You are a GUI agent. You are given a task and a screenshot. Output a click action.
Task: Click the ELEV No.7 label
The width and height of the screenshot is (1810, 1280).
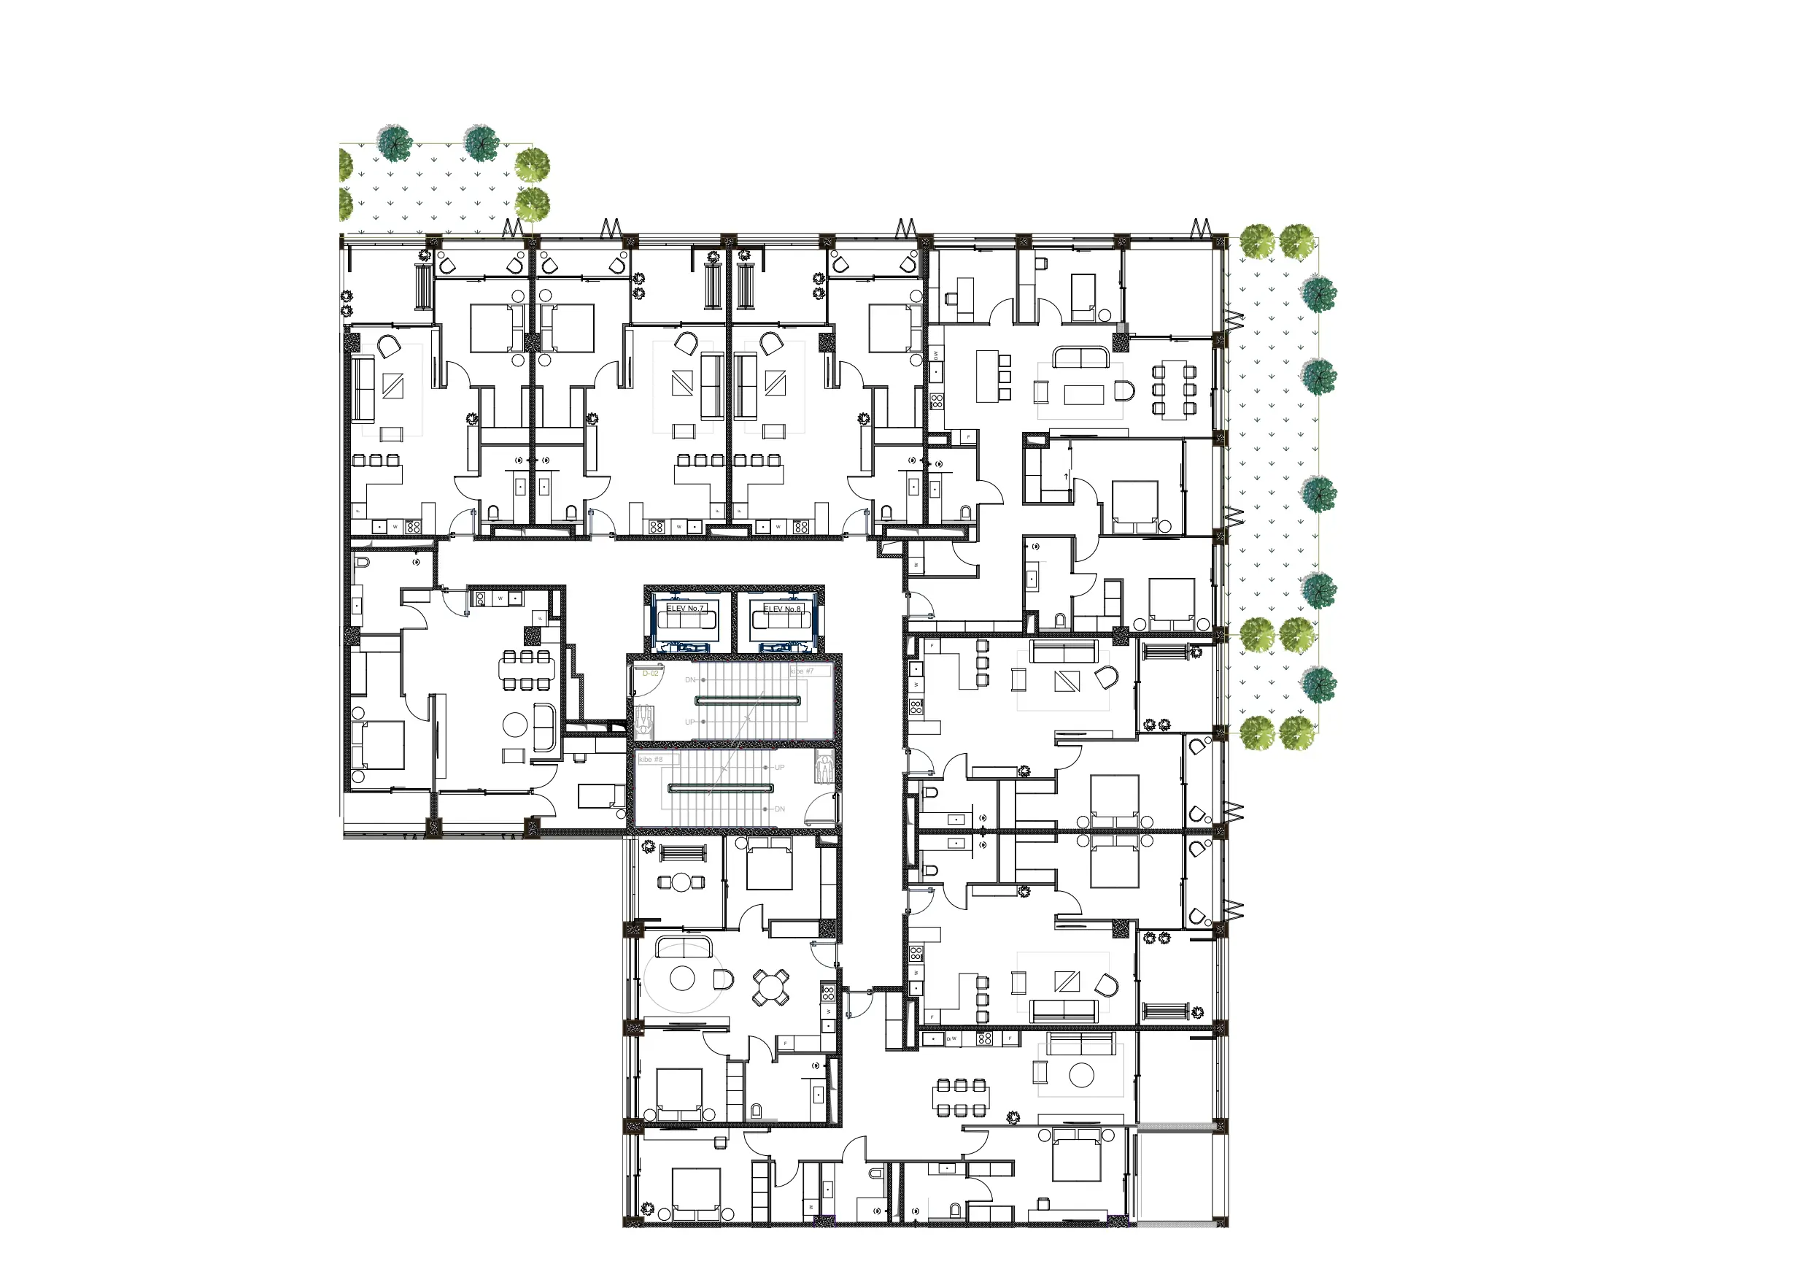pyautogui.click(x=684, y=609)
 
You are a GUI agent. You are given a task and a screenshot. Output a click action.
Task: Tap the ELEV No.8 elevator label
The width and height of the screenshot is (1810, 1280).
pyautogui.click(x=782, y=609)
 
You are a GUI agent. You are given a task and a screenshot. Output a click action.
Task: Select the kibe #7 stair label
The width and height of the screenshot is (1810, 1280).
pyautogui.click(x=802, y=671)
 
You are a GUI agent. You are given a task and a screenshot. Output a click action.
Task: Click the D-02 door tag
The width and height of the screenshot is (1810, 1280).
pyautogui.click(x=650, y=674)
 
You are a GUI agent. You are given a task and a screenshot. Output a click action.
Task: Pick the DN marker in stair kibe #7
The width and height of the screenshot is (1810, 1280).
pyautogui.click(x=691, y=680)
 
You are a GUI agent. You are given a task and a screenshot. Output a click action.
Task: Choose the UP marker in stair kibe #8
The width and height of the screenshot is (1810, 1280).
pyautogui.click(x=779, y=768)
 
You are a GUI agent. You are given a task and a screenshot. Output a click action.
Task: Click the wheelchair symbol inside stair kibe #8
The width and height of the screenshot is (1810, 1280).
pyautogui.click(x=824, y=768)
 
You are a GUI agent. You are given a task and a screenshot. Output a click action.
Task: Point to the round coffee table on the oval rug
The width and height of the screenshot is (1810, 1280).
pyautogui.click(x=682, y=979)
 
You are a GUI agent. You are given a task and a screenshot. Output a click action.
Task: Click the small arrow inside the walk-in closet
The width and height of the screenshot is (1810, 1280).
pyautogui.click(x=1067, y=477)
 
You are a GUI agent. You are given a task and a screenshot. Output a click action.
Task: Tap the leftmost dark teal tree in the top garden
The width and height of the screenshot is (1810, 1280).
pyautogui.click(x=394, y=144)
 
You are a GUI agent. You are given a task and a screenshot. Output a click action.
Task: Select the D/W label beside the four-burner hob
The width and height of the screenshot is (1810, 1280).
pyautogui.click(x=951, y=1038)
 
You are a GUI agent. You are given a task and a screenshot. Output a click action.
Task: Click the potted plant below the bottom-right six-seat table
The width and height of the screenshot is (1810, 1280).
pyautogui.click(x=1014, y=1117)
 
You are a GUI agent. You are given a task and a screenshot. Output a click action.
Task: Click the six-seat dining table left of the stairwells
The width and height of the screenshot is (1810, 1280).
pyautogui.click(x=527, y=671)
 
